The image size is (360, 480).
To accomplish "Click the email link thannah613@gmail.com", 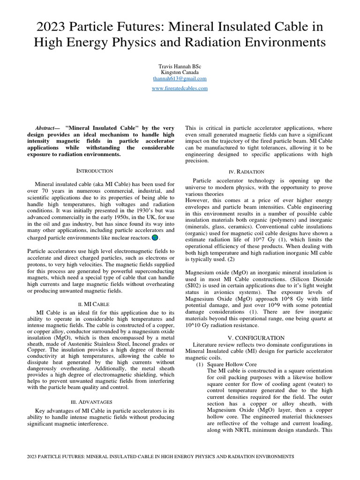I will (x=180, y=79).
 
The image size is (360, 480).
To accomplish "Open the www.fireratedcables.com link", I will (x=180, y=88).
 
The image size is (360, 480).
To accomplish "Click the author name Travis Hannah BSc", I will (x=180, y=67).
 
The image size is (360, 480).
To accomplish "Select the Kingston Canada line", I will (x=180, y=73).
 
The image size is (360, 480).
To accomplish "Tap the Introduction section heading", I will (x=95, y=171).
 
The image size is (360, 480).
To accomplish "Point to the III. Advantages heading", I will (x=95, y=402).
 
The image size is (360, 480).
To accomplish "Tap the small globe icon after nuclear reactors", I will (x=155, y=238).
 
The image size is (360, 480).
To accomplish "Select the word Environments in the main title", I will (x=281, y=43).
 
